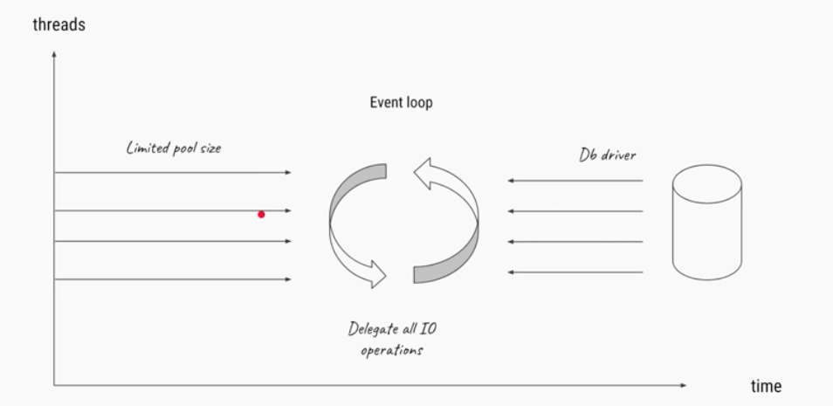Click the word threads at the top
pyautogui.click(x=59, y=24)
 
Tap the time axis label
pyautogui.click(x=766, y=386)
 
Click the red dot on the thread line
pyautogui.click(x=261, y=214)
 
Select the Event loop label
pyautogui.click(x=401, y=102)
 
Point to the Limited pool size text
pyautogui.click(x=174, y=148)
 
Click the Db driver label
pyautogui.click(x=607, y=155)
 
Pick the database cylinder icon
pyautogui.click(x=706, y=225)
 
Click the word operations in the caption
pyautogui.click(x=391, y=350)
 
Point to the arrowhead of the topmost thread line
pyautogui.click(x=288, y=173)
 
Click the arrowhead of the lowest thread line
pyautogui.click(x=288, y=279)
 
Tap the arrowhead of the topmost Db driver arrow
pyautogui.click(x=511, y=182)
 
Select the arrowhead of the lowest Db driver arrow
pyautogui.click(x=511, y=272)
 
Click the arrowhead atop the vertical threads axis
pyautogui.click(x=54, y=54)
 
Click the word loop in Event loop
pyautogui.click(x=418, y=103)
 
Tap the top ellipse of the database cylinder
pyautogui.click(x=706, y=183)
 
